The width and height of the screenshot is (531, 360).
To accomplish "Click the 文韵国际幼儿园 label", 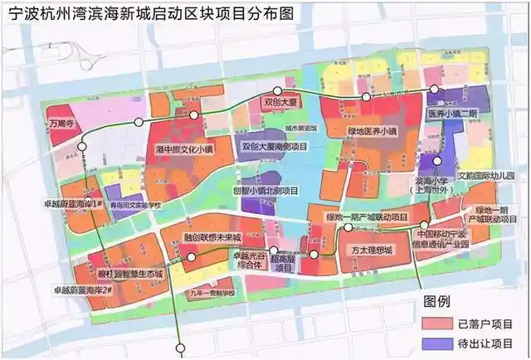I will [485, 176].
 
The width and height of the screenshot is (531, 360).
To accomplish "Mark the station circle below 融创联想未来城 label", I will [192, 258].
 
